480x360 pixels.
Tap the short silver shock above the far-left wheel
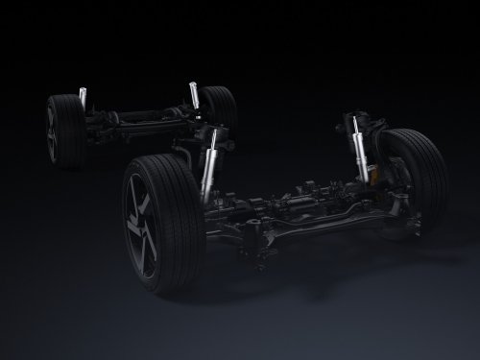(x=84, y=97)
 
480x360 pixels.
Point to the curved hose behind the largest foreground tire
(x=187, y=154)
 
